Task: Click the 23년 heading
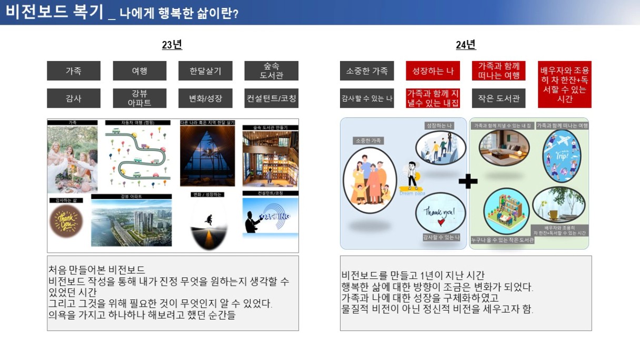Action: tap(172, 45)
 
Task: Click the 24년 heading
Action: tap(466, 45)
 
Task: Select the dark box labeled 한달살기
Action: tap(205, 71)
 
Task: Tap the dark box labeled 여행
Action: tap(139, 71)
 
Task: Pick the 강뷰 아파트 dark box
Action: tap(139, 98)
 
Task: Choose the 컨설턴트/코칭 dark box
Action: tap(271, 98)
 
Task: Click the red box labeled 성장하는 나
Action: tap(433, 71)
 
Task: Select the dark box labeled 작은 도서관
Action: tap(498, 98)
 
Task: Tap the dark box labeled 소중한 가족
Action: tap(367, 71)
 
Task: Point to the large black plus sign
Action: tap(467, 182)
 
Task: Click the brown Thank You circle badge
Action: tap(66, 222)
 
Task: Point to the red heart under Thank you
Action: tap(441, 223)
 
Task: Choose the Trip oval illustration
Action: tap(562, 155)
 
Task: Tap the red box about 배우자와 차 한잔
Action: tap(564, 84)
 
